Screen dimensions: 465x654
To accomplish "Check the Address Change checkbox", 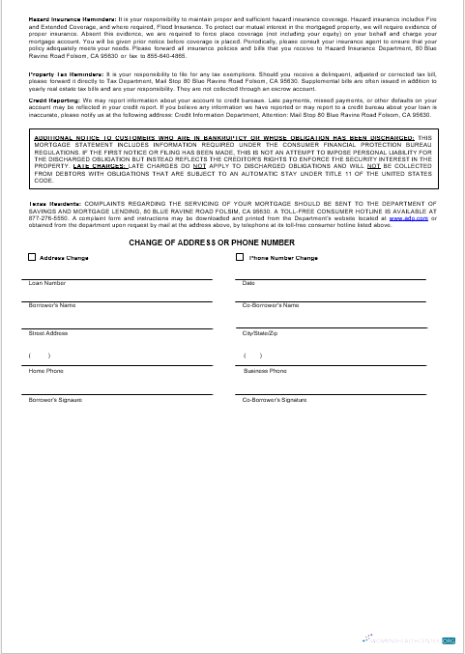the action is (33, 258).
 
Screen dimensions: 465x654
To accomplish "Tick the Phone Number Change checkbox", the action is (240, 258).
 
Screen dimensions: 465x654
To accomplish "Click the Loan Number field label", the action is (47, 283).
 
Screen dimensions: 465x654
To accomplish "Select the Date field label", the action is (248, 283).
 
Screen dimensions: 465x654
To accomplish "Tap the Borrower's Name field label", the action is (52, 306).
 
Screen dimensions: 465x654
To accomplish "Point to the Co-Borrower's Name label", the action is (271, 306).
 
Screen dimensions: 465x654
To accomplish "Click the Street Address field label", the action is (48, 333).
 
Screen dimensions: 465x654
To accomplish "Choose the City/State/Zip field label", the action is (260, 333).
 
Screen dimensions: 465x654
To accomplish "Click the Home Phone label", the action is (46, 371).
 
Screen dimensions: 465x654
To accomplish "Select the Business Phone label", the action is (265, 371).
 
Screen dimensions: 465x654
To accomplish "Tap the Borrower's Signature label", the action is (55, 399).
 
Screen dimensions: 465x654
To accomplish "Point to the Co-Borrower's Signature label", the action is (275, 399).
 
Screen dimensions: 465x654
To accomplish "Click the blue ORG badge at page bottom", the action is (448, 640).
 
